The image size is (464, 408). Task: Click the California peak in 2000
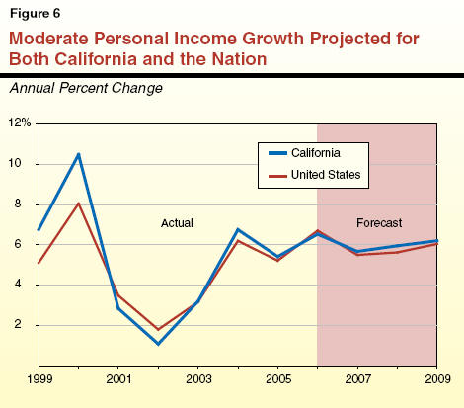[x=79, y=154]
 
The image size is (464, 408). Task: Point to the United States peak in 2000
[x=79, y=204]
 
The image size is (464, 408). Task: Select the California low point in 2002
[x=158, y=344]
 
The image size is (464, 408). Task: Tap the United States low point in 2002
[x=158, y=329]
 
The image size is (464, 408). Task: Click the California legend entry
[x=304, y=153]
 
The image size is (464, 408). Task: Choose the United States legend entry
[x=314, y=175]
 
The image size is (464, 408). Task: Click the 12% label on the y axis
[x=20, y=122]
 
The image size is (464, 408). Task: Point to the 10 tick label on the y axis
[x=15, y=163]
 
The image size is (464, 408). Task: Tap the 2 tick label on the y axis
[x=18, y=324]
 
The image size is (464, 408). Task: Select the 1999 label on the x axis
[x=39, y=379]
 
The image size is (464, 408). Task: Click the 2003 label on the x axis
[x=198, y=379]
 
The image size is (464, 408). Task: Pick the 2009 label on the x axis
[x=437, y=379]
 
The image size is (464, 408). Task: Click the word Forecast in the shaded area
[x=379, y=223]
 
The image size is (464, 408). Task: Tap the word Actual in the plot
[x=177, y=223]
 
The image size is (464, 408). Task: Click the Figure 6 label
[x=36, y=13]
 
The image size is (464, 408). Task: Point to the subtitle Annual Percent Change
[x=86, y=88]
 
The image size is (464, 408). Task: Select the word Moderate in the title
[x=49, y=39]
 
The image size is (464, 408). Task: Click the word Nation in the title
[x=239, y=59]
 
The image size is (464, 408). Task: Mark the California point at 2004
[x=238, y=229]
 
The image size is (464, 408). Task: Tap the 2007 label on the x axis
[x=357, y=379]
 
